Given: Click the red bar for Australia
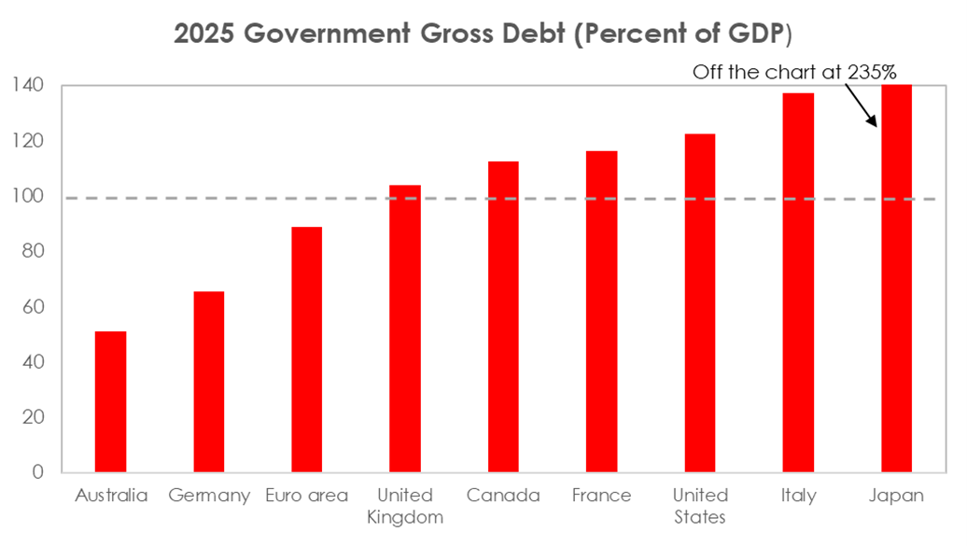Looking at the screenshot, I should pos(110,401).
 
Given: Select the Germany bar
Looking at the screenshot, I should pos(209,382).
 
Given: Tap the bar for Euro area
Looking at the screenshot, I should pos(307,349).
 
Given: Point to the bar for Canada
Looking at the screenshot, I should pos(503,316).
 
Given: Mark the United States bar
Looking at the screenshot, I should pos(700,302).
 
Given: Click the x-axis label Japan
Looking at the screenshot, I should pos(896,496).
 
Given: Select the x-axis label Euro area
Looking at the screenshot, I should pos(307,496).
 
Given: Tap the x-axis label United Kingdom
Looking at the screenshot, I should pos(405,506).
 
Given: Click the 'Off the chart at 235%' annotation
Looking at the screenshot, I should pos(793,72).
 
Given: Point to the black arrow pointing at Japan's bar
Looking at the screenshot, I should pos(860,105).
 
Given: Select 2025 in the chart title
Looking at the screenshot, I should pos(205,35).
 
